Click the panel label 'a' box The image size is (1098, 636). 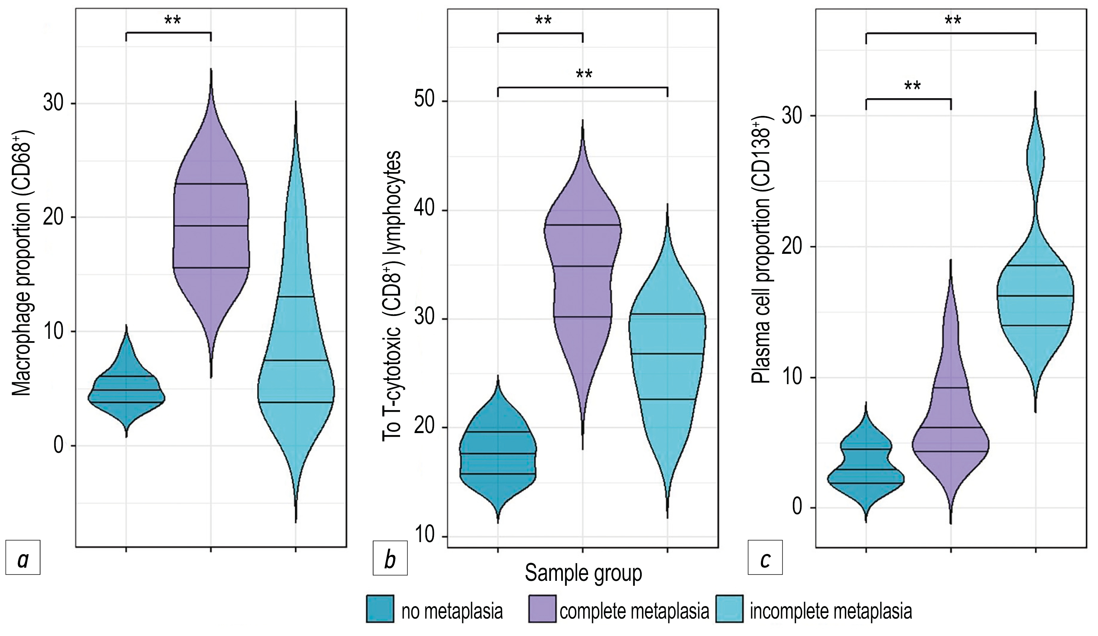23,558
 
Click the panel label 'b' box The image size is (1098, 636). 390,558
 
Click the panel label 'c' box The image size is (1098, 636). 765,558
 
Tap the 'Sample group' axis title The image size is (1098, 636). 583,573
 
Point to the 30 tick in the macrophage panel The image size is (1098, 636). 53,104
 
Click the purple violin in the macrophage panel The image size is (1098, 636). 211,226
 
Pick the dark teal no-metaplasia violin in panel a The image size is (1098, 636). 126,390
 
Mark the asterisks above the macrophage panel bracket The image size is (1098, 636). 173,20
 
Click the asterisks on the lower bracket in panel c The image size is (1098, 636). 912,86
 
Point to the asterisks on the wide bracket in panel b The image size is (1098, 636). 584,74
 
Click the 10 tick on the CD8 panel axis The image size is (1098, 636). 424,535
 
